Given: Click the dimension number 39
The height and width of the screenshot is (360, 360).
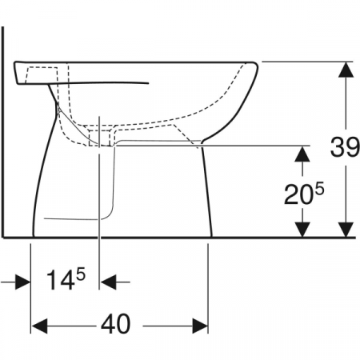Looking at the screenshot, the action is point(345,147).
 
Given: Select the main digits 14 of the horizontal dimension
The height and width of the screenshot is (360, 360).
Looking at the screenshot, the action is point(61,280).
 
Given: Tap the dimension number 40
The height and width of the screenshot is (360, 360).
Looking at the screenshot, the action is point(116,324).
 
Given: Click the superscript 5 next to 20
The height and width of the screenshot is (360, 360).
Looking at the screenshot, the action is point(320,188).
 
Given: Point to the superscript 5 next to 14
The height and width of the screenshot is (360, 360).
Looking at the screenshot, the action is point(81,274).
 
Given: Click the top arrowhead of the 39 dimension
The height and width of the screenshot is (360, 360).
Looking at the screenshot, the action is point(346,70).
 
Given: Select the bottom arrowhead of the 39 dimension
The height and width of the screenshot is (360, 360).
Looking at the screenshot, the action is point(346,229).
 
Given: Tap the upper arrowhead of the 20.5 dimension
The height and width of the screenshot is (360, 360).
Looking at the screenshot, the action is point(302,154).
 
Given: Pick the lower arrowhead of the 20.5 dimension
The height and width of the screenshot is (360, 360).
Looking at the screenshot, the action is point(302,229).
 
